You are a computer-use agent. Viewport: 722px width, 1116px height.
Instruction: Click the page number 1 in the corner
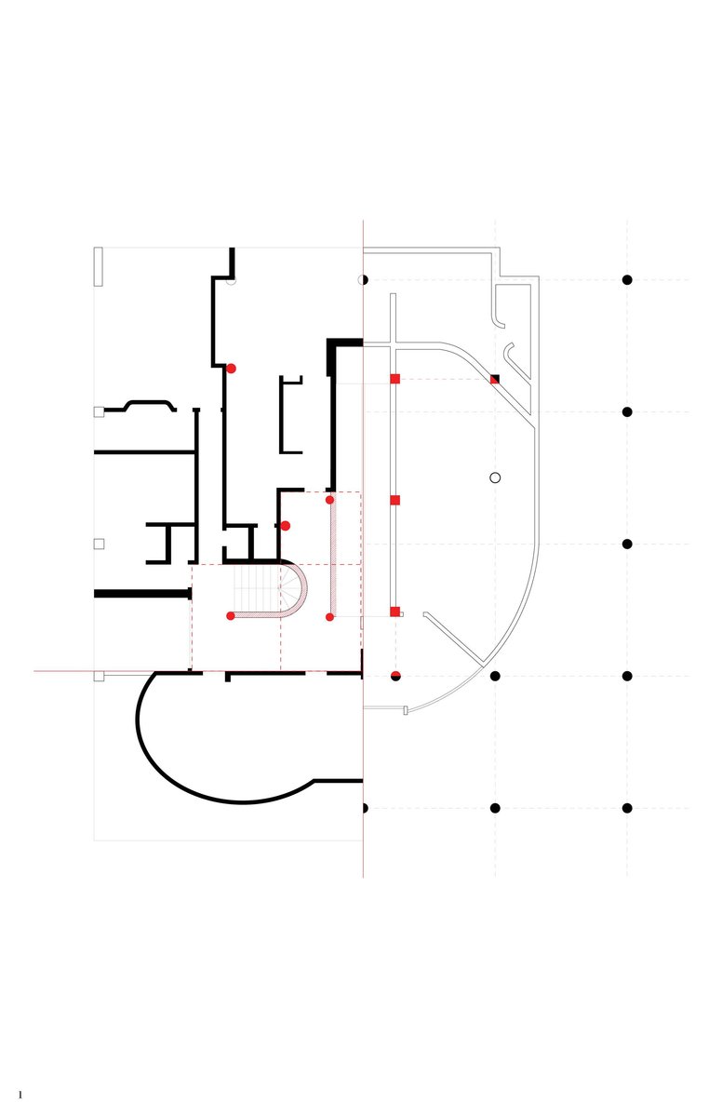tap(20, 1095)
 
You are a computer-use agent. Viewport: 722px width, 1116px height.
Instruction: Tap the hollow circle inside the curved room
tap(495, 477)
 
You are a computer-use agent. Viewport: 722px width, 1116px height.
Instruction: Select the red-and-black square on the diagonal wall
tap(494, 380)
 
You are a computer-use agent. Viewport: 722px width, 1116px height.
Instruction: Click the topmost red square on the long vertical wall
tap(394, 379)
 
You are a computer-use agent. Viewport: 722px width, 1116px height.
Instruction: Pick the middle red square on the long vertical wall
tap(394, 501)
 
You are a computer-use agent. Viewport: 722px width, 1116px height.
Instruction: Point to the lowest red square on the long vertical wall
tap(394, 612)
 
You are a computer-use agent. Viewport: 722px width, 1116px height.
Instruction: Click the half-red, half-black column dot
tap(395, 676)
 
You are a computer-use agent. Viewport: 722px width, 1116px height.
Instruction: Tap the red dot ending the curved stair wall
tap(231, 615)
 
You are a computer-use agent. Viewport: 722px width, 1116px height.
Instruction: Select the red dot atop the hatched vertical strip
tap(330, 500)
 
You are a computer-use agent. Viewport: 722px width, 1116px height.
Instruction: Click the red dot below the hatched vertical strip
tap(330, 616)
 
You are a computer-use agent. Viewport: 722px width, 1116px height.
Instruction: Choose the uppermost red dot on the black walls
tap(231, 369)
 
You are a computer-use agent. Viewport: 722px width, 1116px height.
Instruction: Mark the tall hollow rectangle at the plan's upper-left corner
tap(99, 266)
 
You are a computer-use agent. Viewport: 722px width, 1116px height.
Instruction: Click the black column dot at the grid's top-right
tap(627, 280)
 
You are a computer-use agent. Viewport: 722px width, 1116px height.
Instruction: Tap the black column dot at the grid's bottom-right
tap(627, 808)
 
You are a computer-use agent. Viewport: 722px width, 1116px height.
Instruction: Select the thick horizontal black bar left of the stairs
tap(143, 594)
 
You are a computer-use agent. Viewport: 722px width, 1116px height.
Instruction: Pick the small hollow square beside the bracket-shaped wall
tap(99, 411)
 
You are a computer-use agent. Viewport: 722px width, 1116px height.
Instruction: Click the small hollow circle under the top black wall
tap(231, 281)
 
